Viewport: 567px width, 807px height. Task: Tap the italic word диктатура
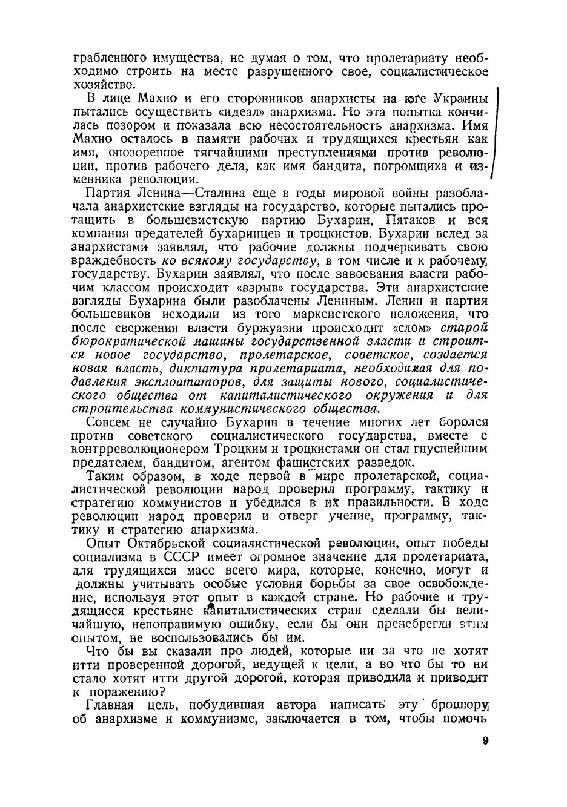tap(203, 369)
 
